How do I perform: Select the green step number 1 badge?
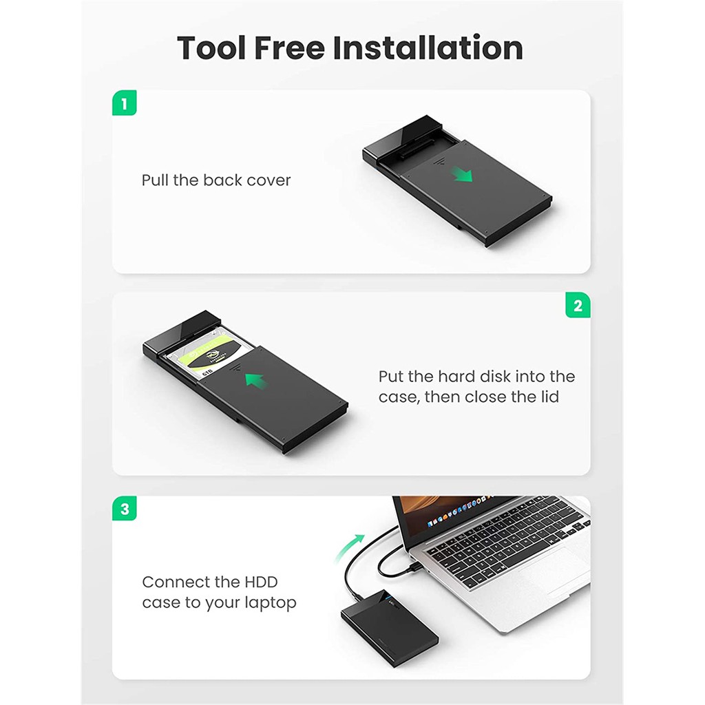click(124, 103)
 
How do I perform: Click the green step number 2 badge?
click(578, 305)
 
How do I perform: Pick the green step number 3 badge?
click(124, 509)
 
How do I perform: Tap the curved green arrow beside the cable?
click(349, 547)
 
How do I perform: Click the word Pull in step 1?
click(155, 180)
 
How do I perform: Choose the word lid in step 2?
click(549, 397)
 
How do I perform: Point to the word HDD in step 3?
click(261, 582)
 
